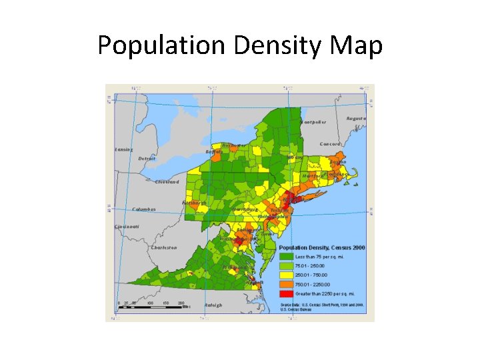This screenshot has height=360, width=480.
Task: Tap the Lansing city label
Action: point(123,149)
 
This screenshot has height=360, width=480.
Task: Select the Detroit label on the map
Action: point(147,159)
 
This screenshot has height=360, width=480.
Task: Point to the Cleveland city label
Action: point(167,181)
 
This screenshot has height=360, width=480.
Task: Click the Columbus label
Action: point(143,209)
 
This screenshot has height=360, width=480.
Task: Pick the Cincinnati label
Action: point(127,227)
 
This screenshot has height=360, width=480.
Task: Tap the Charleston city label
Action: point(164,247)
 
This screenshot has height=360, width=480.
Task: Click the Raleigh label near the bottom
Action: point(213,305)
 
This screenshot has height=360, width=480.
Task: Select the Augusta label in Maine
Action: point(356,118)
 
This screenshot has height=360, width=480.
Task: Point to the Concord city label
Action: point(330,144)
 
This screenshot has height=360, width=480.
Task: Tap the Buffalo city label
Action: point(213,152)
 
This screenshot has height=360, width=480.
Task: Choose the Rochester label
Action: point(234,145)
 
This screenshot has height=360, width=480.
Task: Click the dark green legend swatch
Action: point(286,256)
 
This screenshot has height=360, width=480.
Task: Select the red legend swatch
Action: point(286,293)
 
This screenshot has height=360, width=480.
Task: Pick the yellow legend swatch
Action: point(286,274)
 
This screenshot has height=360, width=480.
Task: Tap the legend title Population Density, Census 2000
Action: point(321,247)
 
